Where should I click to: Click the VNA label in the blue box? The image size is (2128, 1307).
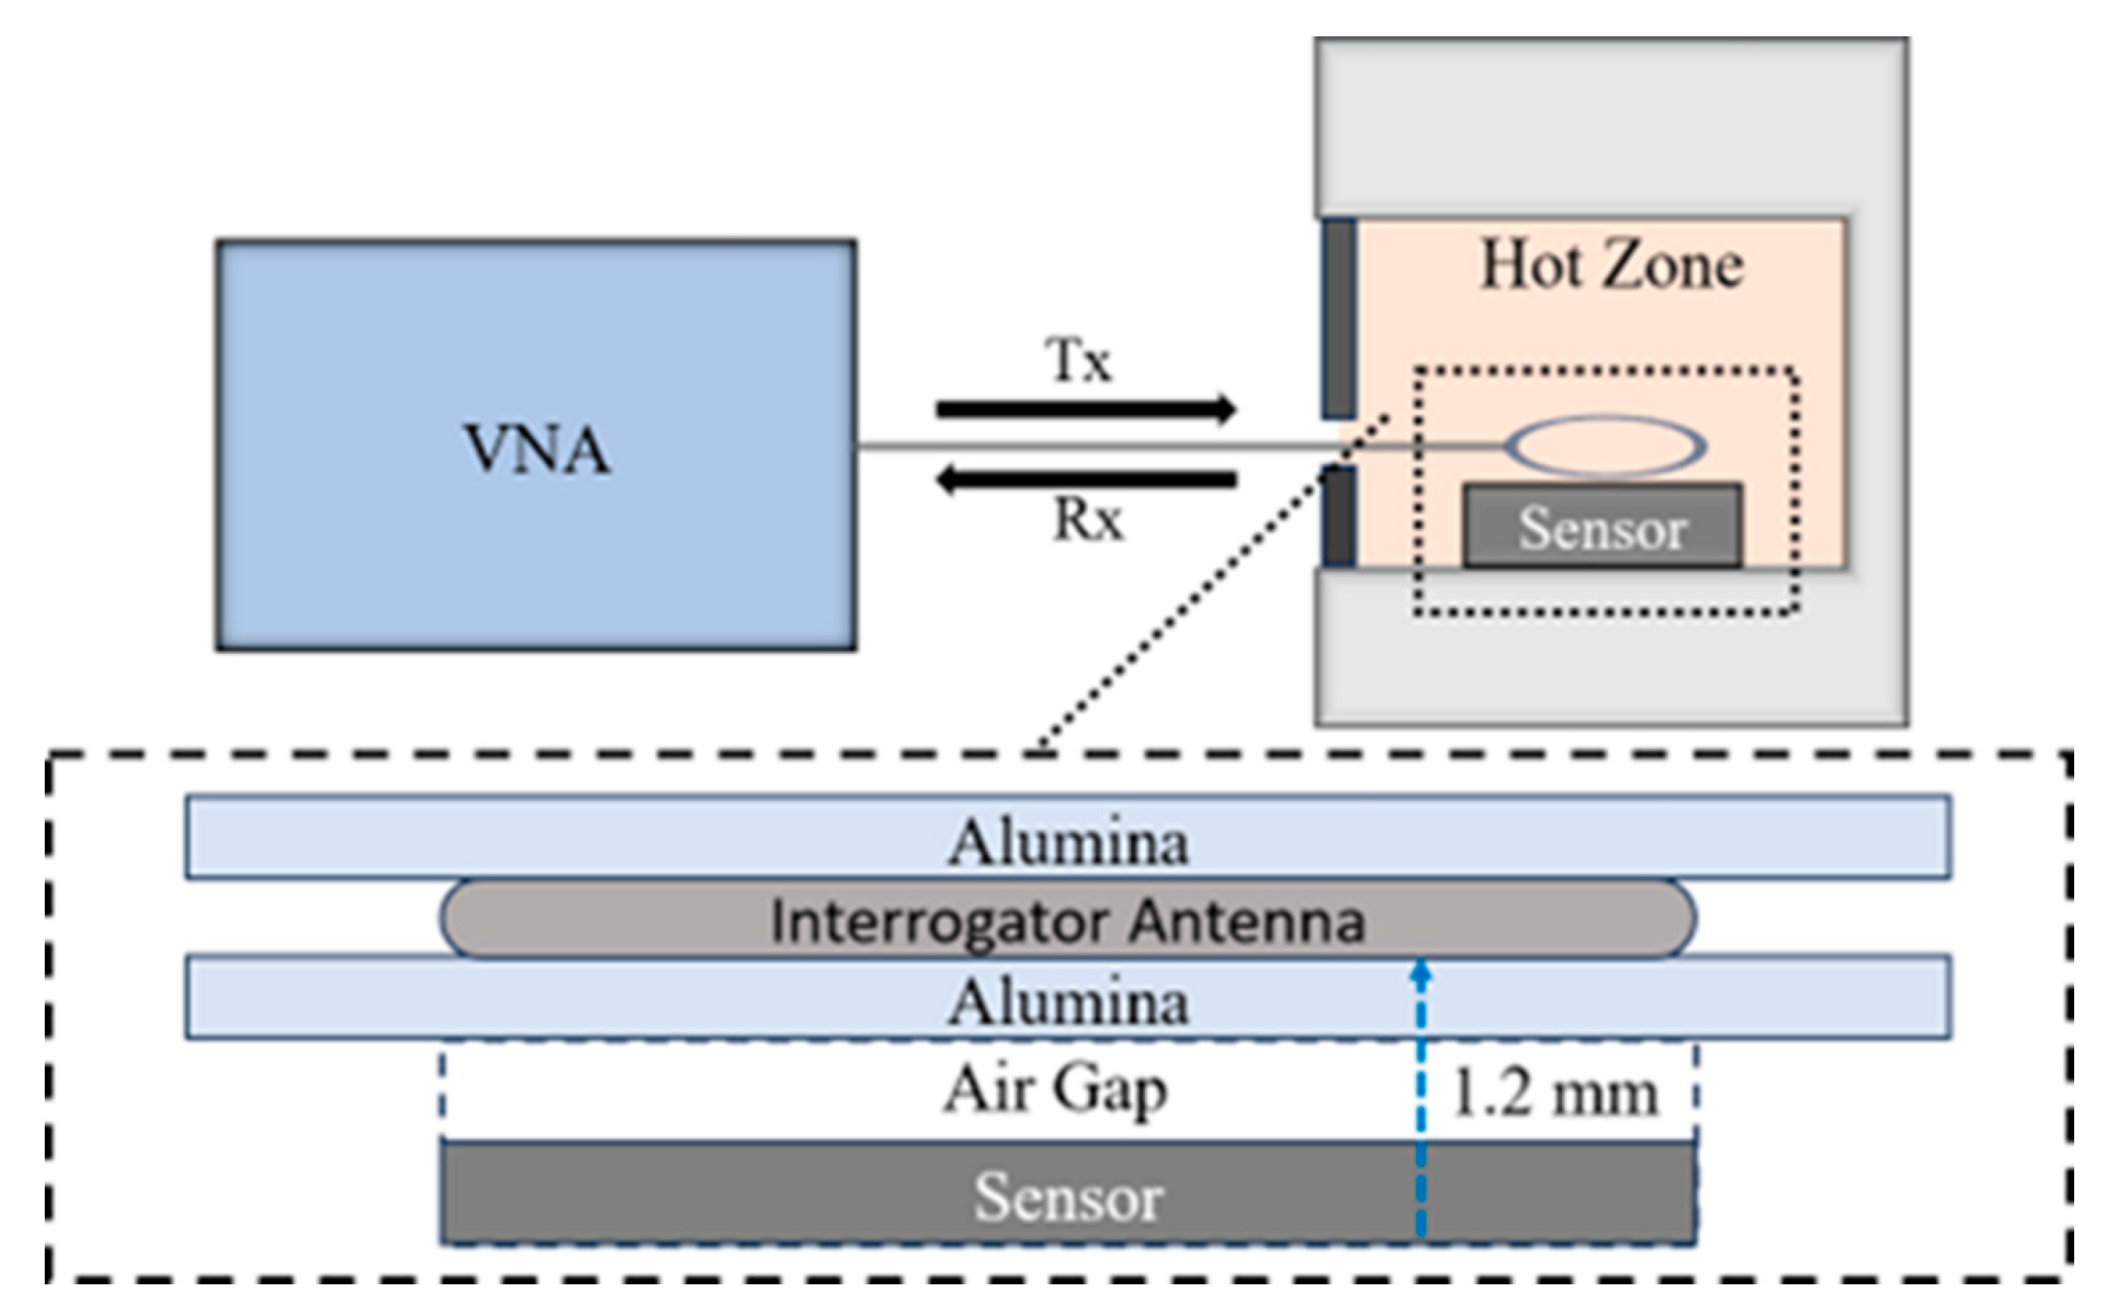(x=537, y=449)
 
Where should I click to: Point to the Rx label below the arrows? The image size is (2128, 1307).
(x=1087, y=521)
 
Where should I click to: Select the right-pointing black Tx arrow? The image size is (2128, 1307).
(x=1085, y=409)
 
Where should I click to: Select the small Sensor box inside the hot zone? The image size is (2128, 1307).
(x=1602, y=527)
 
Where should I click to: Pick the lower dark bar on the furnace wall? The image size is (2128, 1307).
(x=1339, y=517)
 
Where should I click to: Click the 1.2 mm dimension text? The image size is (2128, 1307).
(x=1554, y=1094)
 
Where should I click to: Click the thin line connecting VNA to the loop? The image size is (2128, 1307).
(x=1098, y=446)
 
